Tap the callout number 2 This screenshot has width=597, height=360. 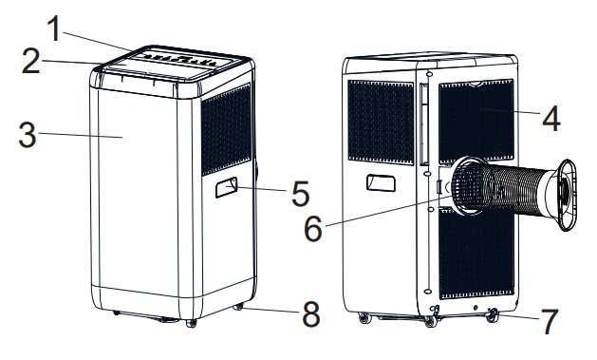tap(32, 64)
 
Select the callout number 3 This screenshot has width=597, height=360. tap(28, 134)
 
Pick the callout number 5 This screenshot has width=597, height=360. tap(300, 195)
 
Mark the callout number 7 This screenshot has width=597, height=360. tap(550, 323)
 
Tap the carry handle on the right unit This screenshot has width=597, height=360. tap(380, 182)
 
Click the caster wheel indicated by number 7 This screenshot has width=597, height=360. tap(491, 315)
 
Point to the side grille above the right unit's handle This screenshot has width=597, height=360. tap(379, 120)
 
